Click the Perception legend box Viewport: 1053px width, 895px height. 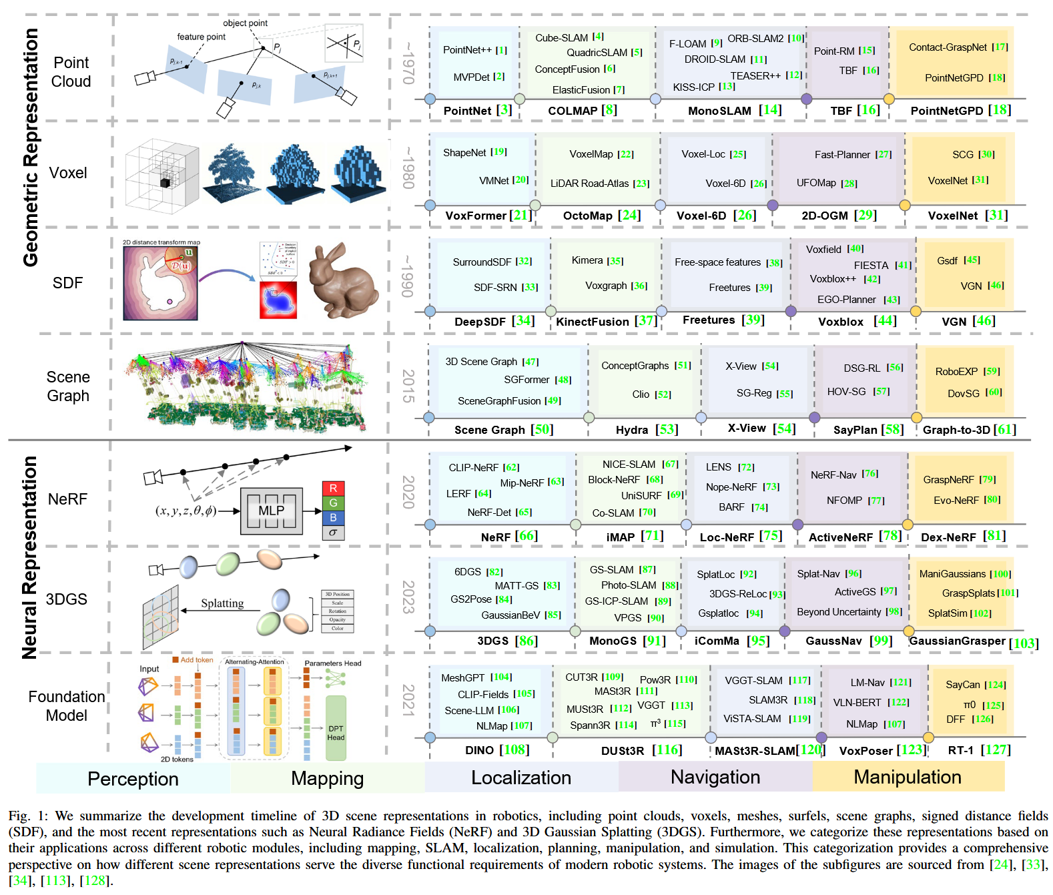(133, 778)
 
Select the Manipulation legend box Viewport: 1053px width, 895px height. (908, 777)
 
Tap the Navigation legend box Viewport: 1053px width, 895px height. (715, 777)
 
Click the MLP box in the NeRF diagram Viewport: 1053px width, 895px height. (271, 511)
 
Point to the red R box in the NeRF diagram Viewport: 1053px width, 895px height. (333, 489)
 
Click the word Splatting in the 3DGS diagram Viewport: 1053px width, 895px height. (222, 603)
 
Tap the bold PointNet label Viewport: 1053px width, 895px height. (467, 111)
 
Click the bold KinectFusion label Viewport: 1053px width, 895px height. (593, 322)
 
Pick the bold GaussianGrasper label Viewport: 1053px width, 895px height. (957, 641)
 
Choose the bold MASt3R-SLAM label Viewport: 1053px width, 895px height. (757, 751)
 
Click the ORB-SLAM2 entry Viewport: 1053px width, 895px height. (755, 39)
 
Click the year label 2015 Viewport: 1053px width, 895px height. (408, 386)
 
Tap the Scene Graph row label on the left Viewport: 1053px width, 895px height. (68, 386)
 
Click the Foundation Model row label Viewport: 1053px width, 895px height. (67, 706)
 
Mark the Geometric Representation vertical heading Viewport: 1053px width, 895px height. (31, 147)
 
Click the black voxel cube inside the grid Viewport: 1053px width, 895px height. (164, 182)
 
